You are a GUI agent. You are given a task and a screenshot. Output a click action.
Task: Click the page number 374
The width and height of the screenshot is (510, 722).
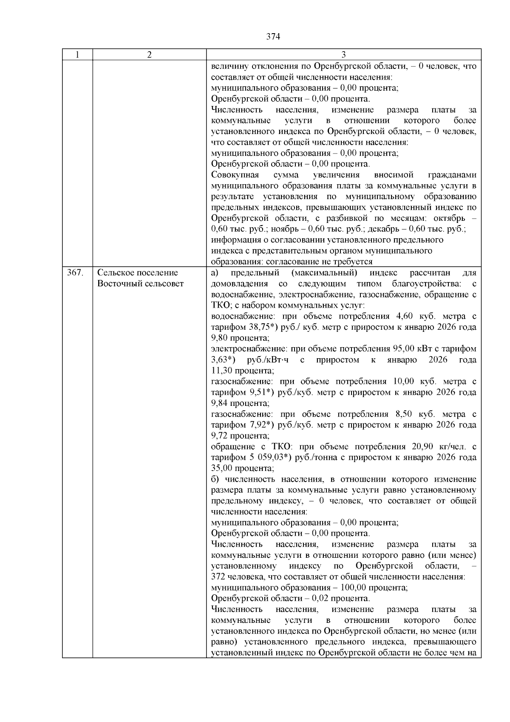273,37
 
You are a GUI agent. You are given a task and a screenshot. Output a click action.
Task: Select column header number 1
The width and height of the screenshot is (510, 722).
77,55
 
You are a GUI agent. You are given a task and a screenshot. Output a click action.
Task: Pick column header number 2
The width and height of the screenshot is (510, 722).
149,55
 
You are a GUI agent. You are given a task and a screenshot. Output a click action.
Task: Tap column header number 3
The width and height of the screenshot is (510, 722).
343,55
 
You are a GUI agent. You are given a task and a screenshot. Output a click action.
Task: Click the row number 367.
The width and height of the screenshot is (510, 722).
75,273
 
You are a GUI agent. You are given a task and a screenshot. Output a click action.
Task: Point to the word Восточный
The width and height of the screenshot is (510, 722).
118,284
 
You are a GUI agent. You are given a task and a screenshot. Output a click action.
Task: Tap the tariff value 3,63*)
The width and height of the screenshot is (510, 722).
223,360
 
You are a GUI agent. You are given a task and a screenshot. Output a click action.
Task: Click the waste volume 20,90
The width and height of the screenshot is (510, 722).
423,447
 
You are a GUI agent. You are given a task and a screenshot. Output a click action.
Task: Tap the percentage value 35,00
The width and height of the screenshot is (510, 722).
221,468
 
